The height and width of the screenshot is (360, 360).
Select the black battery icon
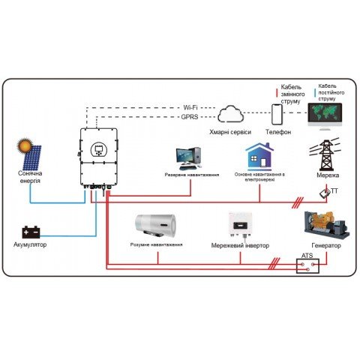pyautogui.click(x=31, y=232)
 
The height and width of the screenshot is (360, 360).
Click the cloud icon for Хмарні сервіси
pyautogui.click(x=234, y=115)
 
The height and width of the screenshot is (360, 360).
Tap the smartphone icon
pyautogui.click(x=278, y=114)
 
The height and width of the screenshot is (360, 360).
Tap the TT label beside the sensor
pyautogui.click(x=334, y=191)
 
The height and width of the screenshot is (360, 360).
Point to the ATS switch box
pyautogui.click(x=307, y=265)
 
